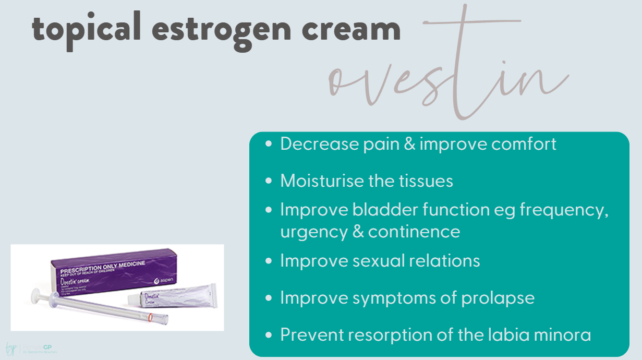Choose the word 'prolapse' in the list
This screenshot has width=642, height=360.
tap(498, 298)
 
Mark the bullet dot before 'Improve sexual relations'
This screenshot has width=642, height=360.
tap(269, 261)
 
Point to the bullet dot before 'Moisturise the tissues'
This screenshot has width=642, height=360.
tap(269, 181)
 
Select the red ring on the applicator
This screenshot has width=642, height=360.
tap(150, 317)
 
